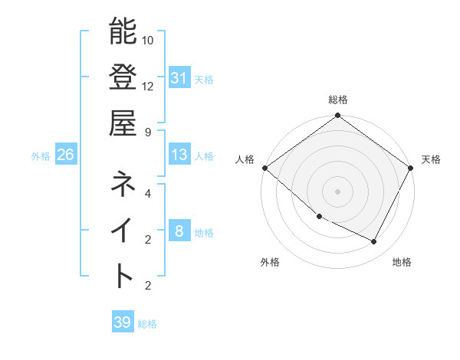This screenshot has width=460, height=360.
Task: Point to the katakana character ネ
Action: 123,183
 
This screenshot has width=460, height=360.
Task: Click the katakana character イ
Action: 123,229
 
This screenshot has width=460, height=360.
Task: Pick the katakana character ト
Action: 123,275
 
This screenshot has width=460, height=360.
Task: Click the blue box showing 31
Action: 179,78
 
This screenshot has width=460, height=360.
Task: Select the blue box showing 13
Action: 179,155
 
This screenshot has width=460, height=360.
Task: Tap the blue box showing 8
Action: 179,231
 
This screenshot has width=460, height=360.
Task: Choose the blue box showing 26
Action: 65,155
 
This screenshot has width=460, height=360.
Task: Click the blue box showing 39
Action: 122,322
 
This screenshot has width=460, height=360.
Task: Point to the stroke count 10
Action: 149,40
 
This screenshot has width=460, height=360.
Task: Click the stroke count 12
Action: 149,86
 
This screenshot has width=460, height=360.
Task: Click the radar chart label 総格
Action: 337,100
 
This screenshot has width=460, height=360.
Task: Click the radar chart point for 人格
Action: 264,168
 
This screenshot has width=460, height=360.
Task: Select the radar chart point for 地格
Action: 374,241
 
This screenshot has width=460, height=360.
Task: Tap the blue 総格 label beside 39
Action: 147,324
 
